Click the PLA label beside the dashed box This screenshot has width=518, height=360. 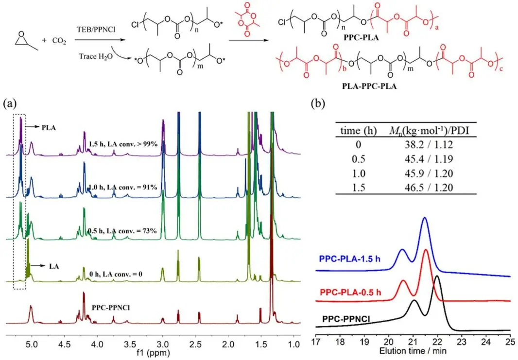coord(49,128)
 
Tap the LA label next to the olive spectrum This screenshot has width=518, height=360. coord(54,266)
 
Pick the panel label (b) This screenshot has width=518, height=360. coord(318,103)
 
